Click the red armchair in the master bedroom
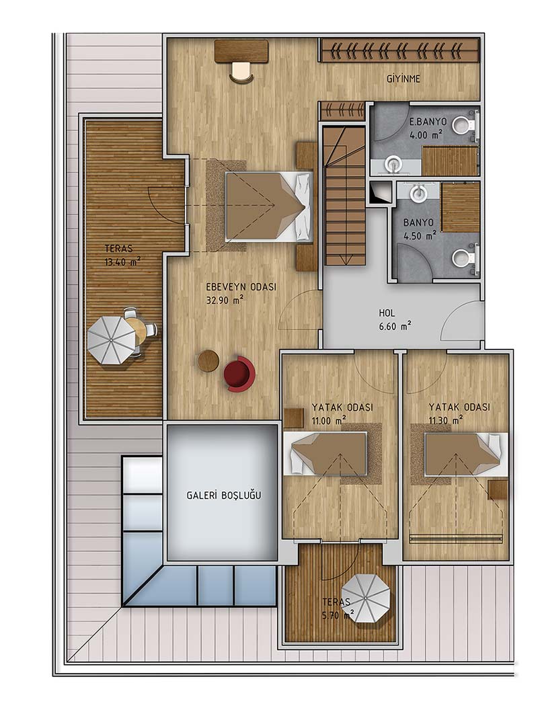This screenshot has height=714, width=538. click(x=239, y=374)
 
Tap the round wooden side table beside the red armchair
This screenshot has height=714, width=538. click(x=208, y=360)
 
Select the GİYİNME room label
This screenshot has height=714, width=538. click(x=403, y=79)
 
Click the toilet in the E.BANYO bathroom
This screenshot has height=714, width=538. click(x=465, y=123)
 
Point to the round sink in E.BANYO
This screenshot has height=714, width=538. click(x=393, y=164)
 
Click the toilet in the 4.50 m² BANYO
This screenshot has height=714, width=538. click(x=465, y=259)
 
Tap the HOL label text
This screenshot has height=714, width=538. click(x=387, y=313)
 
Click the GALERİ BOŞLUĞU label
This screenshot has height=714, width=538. click(x=224, y=495)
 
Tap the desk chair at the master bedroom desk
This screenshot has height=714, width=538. click(x=241, y=73)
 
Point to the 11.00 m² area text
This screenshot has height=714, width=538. click(x=328, y=421)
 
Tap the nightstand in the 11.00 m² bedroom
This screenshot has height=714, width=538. click(x=293, y=418)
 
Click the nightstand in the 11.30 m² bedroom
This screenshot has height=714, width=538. click(x=498, y=489)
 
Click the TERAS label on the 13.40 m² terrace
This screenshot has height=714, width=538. click(x=118, y=249)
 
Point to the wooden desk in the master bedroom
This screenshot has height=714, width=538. click(x=241, y=51)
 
